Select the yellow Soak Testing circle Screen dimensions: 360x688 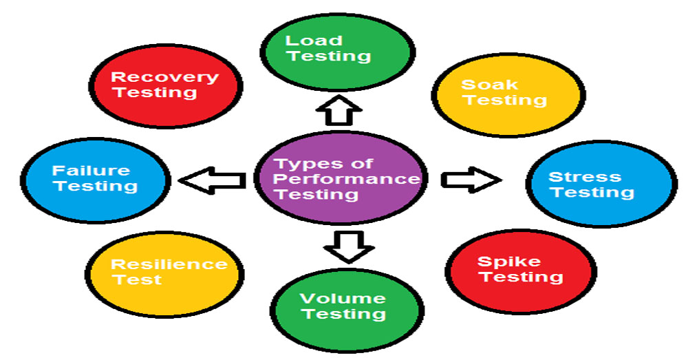pos(504,94)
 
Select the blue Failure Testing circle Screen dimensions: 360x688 pos(94,179)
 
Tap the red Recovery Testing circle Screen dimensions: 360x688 pos(165,85)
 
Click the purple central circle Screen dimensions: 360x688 pos(341,178)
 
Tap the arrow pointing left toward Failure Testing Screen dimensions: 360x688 pos(213,180)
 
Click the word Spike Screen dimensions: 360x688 pos(509,262)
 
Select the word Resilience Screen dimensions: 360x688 pos(169,264)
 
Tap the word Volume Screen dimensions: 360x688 pos(343,298)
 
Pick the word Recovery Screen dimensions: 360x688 pos(165,76)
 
